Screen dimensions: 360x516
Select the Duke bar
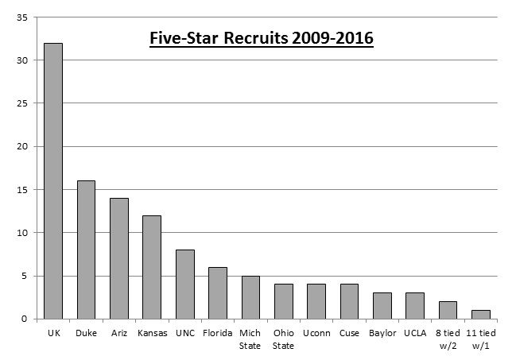[x=86, y=250]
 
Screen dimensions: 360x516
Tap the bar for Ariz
[x=118, y=258]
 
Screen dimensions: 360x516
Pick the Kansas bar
[x=152, y=267]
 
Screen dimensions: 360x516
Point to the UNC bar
[x=184, y=285]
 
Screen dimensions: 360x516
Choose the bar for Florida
[x=218, y=293]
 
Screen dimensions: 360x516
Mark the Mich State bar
[x=250, y=297]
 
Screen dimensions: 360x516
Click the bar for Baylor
[x=382, y=306]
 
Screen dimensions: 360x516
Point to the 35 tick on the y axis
[x=25, y=17]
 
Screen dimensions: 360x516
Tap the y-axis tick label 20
[x=25, y=146]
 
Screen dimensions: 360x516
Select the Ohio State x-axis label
[x=283, y=339]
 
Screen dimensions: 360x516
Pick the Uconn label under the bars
[x=316, y=334]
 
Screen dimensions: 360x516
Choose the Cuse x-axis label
[x=349, y=334]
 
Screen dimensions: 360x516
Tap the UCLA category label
[x=414, y=334]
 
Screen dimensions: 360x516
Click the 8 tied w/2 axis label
[x=447, y=339]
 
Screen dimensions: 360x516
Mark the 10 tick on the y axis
[x=25, y=233]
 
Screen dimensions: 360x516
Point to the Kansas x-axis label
[x=152, y=334]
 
